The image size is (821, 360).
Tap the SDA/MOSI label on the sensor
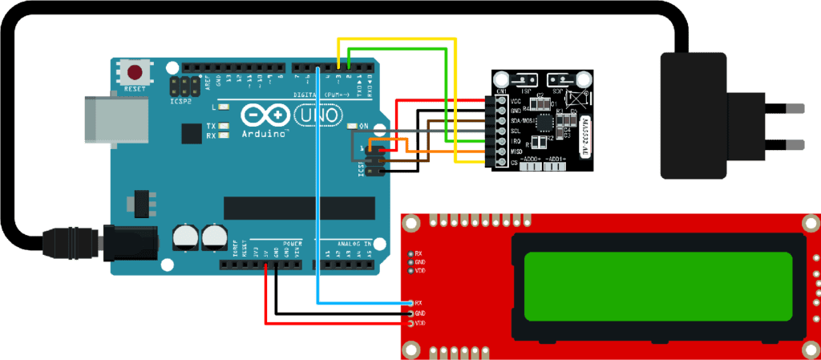click(523, 120)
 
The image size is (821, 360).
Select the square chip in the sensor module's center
click(546, 122)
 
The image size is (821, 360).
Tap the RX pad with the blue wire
click(419, 302)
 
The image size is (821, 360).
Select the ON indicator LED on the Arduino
click(354, 127)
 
